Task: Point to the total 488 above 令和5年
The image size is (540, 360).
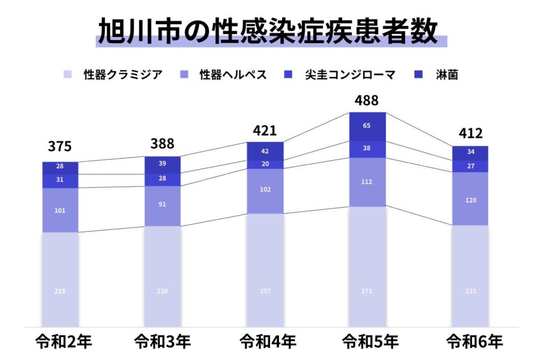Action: click(367, 100)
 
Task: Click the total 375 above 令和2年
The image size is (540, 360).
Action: click(60, 147)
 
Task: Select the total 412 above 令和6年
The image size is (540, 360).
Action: click(470, 133)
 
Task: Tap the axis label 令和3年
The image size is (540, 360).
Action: click(162, 342)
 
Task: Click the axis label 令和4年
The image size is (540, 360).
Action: click(265, 342)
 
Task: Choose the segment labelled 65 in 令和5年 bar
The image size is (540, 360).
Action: click(368, 127)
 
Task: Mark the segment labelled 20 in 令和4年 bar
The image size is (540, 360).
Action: click(265, 164)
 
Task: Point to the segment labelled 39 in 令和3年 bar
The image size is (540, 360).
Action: click(162, 164)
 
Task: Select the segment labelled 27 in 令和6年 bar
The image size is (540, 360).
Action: click(470, 166)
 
